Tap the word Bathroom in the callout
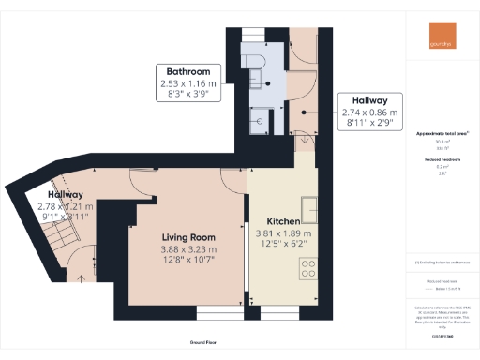click(194, 71)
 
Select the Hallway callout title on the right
click(370, 99)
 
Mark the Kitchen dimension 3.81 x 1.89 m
click(284, 233)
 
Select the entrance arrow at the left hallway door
click(82, 277)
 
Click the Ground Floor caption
click(215, 343)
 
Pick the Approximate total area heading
click(442, 133)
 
